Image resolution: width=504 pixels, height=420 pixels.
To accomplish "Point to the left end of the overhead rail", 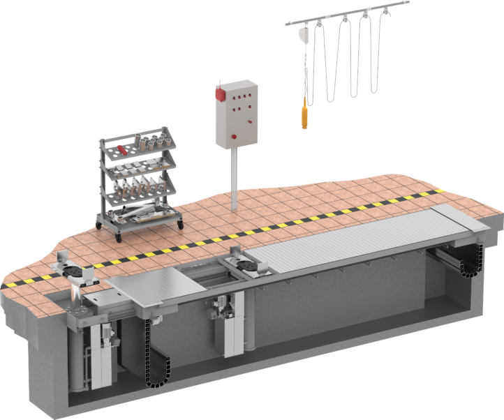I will tap(286, 24).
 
